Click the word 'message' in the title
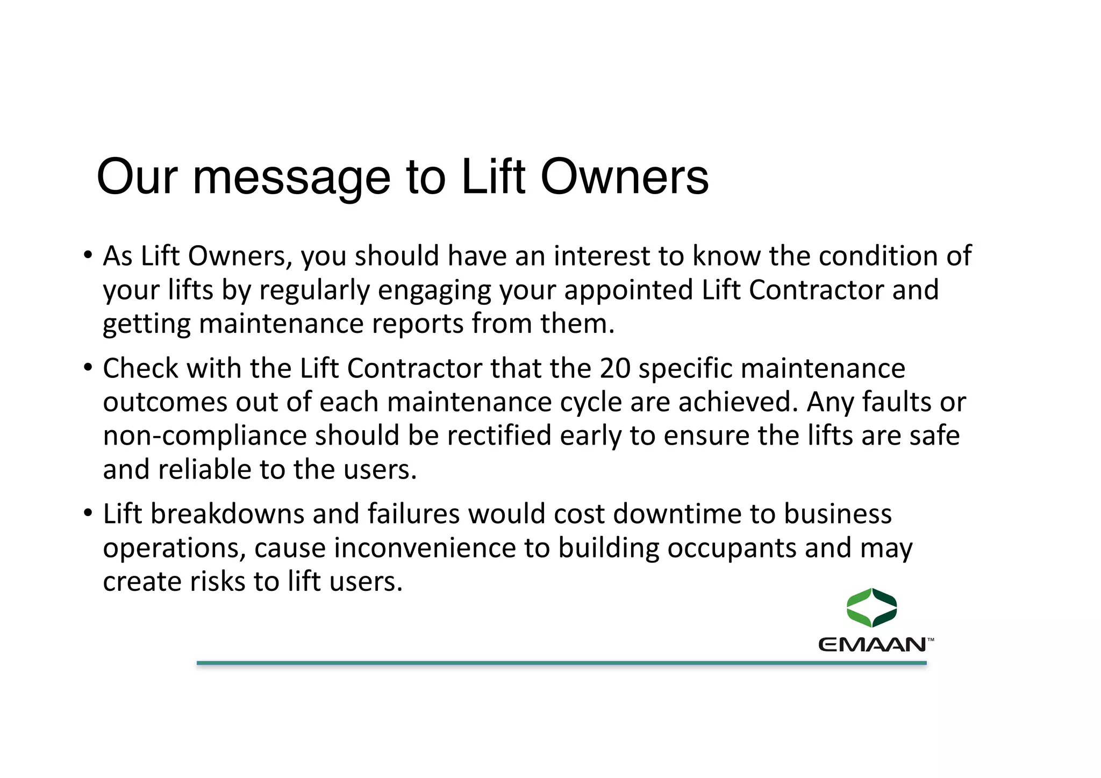point(291,177)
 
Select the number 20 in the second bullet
point(615,369)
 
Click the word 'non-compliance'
point(204,436)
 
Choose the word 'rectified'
point(499,436)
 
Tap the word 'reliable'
point(205,469)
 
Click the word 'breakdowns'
point(227,514)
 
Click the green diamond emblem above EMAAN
point(871,608)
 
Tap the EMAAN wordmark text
point(872,645)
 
